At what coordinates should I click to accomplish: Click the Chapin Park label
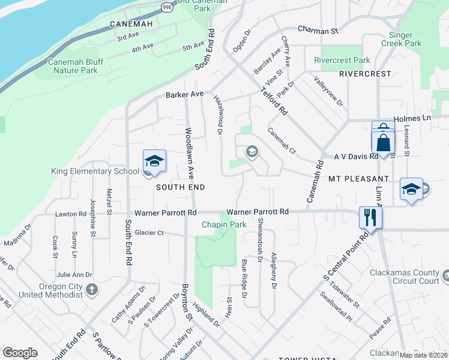click(224, 224)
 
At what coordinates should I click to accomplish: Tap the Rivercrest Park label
click(342, 60)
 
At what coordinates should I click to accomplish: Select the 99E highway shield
click(167, 7)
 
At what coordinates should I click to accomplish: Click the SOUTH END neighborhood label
click(181, 187)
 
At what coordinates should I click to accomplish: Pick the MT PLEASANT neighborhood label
click(360, 179)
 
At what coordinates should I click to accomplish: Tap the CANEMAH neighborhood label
click(132, 24)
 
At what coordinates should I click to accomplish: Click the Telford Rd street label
click(274, 101)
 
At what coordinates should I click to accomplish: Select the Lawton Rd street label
click(71, 214)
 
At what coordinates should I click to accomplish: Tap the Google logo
click(20, 353)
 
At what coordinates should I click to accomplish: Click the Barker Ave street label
click(185, 95)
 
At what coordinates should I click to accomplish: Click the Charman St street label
click(318, 31)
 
